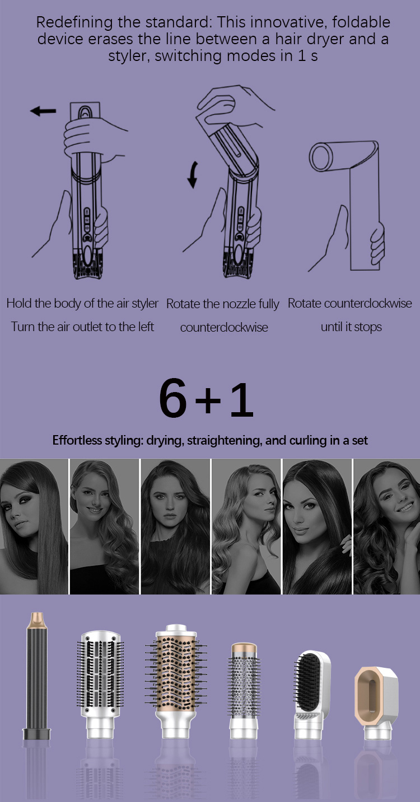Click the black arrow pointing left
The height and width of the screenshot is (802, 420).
tap(43, 111)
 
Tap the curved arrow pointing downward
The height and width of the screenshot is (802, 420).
tap(193, 174)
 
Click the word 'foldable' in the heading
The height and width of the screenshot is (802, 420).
tap(361, 22)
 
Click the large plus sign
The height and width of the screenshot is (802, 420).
tap(208, 400)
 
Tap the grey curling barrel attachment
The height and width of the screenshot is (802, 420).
tap(37, 676)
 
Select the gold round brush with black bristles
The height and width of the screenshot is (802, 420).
tap(176, 680)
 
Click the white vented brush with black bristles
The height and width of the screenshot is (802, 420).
tap(100, 684)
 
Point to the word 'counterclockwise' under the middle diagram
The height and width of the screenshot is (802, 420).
tap(224, 327)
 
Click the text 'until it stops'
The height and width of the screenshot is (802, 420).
tap(351, 327)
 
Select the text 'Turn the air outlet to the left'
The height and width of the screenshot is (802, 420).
tap(82, 327)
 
